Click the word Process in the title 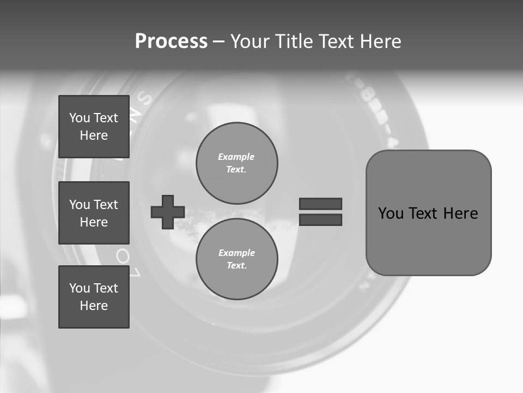click(x=171, y=41)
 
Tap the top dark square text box click(x=94, y=127)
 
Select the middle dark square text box click(x=94, y=213)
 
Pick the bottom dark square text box click(x=94, y=297)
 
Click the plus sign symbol click(x=168, y=212)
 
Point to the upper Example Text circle click(x=236, y=163)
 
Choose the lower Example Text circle click(x=236, y=259)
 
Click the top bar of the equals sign click(x=320, y=204)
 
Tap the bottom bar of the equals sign click(x=320, y=219)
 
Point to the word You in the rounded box click(x=391, y=213)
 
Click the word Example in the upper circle click(x=236, y=157)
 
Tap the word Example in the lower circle click(x=236, y=253)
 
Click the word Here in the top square click(x=94, y=135)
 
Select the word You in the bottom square click(x=80, y=288)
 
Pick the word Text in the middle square click(x=106, y=205)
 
